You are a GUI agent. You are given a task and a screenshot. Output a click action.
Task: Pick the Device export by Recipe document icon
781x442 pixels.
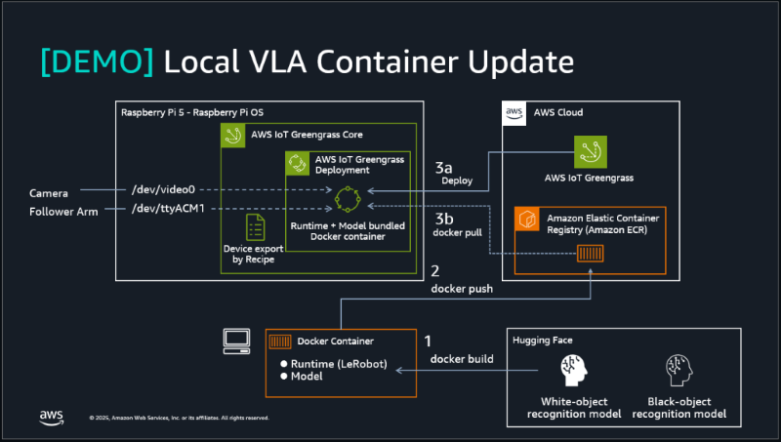click(255, 226)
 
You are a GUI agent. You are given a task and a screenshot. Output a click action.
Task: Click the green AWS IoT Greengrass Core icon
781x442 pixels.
click(233, 135)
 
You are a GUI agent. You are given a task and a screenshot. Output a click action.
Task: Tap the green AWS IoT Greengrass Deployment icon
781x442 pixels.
click(297, 163)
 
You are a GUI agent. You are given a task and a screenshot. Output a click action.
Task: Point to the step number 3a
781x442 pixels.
click(447, 168)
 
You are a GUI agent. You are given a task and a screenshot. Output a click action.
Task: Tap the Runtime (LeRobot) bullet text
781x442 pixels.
click(339, 365)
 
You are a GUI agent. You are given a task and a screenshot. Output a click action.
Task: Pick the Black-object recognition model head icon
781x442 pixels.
click(680, 370)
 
